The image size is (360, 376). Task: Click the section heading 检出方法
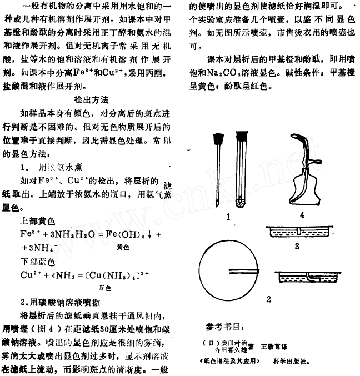pos(91,99)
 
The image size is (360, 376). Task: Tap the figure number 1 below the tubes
pos(228,218)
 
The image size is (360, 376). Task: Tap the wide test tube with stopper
pos(241,169)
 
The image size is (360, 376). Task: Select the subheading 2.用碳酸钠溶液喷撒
pos(61,303)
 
